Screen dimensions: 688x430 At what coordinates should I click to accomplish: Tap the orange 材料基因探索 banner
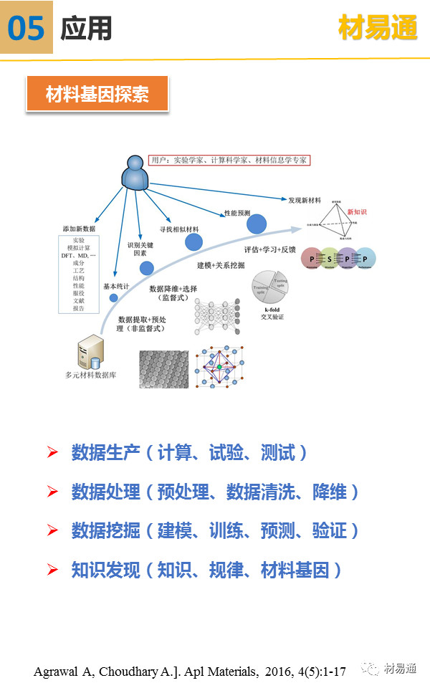click(x=97, y=94)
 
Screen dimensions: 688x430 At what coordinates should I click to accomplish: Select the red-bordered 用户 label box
click(x=228, y=161)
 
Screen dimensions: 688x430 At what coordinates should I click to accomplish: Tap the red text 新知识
click(x=356, y=212)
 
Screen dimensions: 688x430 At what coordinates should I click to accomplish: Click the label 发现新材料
click(x=305, y=200)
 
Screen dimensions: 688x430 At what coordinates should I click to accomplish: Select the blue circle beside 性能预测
click(x=257, y=224)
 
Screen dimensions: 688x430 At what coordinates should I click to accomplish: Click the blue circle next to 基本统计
click(x=147, y=268)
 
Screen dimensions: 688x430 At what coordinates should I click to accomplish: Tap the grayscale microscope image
click(x=163, y=369)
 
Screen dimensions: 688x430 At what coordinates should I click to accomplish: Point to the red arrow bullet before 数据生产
click(x=52, y=452)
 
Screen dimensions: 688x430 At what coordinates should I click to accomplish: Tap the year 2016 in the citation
click(x=278, y=672)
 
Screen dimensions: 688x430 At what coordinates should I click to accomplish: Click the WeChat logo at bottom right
click(x=371, y=669)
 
